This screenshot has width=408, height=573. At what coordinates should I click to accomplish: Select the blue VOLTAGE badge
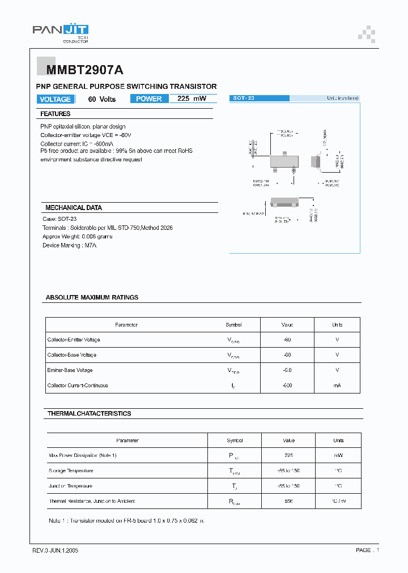55,99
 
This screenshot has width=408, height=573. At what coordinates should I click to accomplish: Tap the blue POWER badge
149,99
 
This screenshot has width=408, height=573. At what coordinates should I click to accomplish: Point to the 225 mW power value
192,99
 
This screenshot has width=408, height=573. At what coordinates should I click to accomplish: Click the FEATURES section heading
56,114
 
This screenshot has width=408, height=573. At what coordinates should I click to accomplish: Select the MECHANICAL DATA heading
73,208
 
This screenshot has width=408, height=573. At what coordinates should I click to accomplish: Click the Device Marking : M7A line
70,245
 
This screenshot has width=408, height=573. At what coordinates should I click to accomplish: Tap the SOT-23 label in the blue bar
244,99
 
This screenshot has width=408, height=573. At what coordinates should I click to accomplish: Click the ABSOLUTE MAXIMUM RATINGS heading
92,297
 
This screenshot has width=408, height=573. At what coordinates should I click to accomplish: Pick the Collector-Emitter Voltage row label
74,340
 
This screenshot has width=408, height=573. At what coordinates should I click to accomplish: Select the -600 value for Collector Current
287,386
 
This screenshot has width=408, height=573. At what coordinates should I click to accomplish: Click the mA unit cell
337,386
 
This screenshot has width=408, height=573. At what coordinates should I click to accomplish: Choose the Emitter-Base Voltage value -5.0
287,370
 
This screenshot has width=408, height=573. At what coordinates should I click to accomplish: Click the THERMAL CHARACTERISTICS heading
89,414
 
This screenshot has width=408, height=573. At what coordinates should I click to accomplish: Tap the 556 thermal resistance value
288,501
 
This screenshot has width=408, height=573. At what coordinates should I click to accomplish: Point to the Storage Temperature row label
71,471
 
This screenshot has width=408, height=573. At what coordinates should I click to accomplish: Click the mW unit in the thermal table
338,455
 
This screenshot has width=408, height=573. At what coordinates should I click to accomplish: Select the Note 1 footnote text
127,520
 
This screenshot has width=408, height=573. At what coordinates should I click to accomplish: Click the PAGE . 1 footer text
367,550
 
